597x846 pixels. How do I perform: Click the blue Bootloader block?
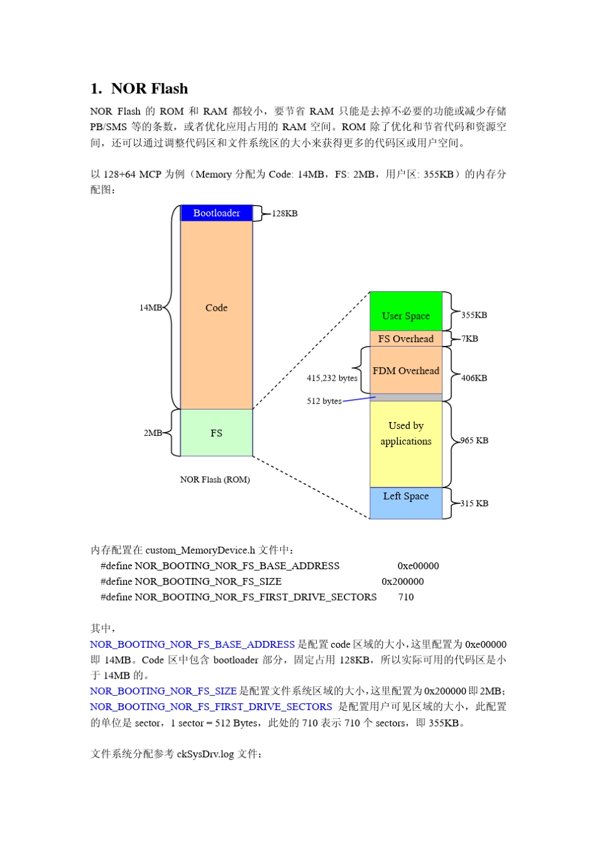pos(216,213)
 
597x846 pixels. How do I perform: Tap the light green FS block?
pos(216,433)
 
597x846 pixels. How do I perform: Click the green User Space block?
pos(406,311)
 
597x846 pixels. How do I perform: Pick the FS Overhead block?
pos(406,339)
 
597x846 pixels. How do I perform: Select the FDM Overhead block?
pos(406,371)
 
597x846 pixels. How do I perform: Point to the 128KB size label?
pos(285,214)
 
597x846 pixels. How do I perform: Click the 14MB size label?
pos(150,308)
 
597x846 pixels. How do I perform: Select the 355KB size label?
pos(474,315)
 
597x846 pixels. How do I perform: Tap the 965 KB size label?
pos(474,440)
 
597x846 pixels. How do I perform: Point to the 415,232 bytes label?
pos(332,378)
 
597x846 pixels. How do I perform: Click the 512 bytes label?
pos(324,401)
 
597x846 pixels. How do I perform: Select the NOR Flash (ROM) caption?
pos(215,480)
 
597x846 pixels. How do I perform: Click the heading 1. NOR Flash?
pos(140,89)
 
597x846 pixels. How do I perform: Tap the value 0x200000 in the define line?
pos(403,582)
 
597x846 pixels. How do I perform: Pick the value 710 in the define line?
pos(406,598)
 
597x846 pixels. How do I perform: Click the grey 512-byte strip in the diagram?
pos(406,398)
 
